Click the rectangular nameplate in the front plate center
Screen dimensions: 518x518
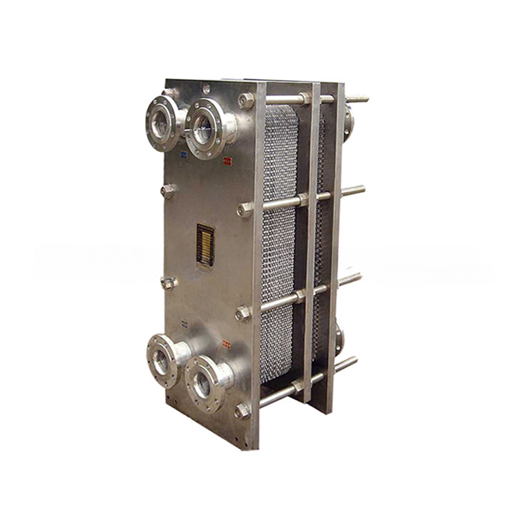click(205, 244)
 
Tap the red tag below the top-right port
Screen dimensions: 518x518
click(227, 162)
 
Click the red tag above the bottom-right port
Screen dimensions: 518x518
click(226, 343)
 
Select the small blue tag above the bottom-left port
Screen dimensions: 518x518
click(185, 323)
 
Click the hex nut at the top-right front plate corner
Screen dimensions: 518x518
click(247, 100)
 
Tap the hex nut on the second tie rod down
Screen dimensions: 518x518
click(245, 209)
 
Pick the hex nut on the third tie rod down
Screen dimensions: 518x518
click(243, 314)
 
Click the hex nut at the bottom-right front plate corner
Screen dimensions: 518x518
click(242, 411)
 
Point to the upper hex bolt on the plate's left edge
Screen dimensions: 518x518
click(168, 191)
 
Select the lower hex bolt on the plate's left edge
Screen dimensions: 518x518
click(168, 282)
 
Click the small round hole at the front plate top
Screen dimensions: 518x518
click(205, 88)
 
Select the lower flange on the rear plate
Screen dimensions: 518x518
click(339, 339)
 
